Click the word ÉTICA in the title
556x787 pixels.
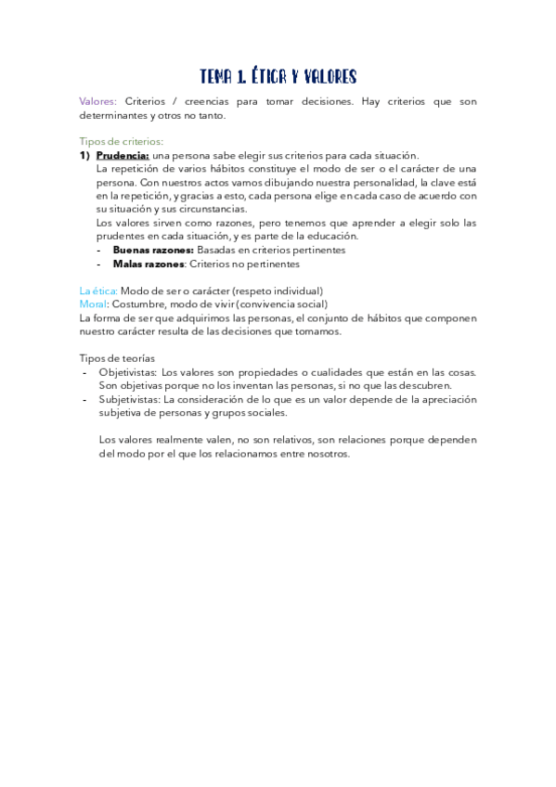tap(268, 76)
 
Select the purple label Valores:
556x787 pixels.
tap(98, 102)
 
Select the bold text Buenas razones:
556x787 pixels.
tap(153, 250)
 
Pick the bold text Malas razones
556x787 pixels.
tap(149, 264)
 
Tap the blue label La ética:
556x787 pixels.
tap(98, 290)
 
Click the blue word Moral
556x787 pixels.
tap(94, 304)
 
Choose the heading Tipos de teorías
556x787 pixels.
tap(117, 358)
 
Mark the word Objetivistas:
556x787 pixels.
tap(127, 372)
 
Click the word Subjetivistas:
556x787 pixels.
tap(129, 399)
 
